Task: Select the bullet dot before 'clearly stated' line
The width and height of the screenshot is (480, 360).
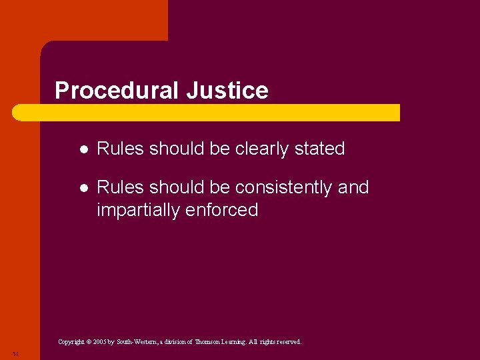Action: [x=81, y=149]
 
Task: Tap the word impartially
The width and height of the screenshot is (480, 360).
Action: [x=138, y=211]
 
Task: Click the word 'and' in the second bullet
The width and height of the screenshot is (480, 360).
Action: [x=353, y=188]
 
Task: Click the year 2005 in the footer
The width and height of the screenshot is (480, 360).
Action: [x=99, y=342]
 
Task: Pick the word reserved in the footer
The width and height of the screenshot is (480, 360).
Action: [x=287, y=342]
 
